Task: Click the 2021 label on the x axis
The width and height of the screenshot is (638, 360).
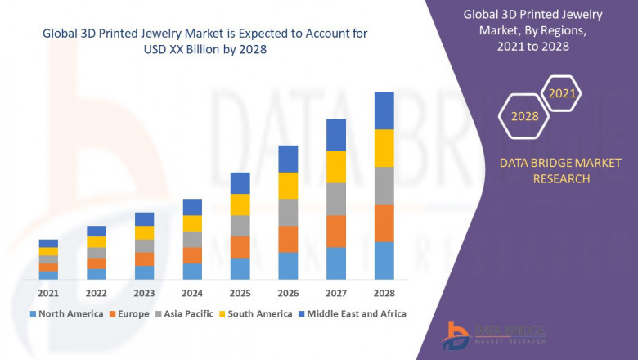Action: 48,293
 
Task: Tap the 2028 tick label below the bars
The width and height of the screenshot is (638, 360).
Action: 384,293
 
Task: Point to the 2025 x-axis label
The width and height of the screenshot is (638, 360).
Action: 240,293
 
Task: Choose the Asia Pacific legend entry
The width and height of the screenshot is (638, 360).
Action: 186,313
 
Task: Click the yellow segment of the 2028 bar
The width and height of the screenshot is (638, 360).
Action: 384,148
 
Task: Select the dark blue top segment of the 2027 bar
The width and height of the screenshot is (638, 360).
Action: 335,135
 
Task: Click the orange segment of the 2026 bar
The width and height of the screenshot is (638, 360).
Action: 288,239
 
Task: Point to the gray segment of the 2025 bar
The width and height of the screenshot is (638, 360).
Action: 240,226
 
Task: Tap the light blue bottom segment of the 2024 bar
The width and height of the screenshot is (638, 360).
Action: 192,272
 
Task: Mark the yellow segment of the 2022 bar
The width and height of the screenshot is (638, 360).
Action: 97,241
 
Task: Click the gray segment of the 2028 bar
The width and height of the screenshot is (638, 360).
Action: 384,186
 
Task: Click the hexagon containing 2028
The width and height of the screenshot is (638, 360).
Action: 524,116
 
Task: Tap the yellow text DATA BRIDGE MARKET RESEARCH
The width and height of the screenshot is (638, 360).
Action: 549,171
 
